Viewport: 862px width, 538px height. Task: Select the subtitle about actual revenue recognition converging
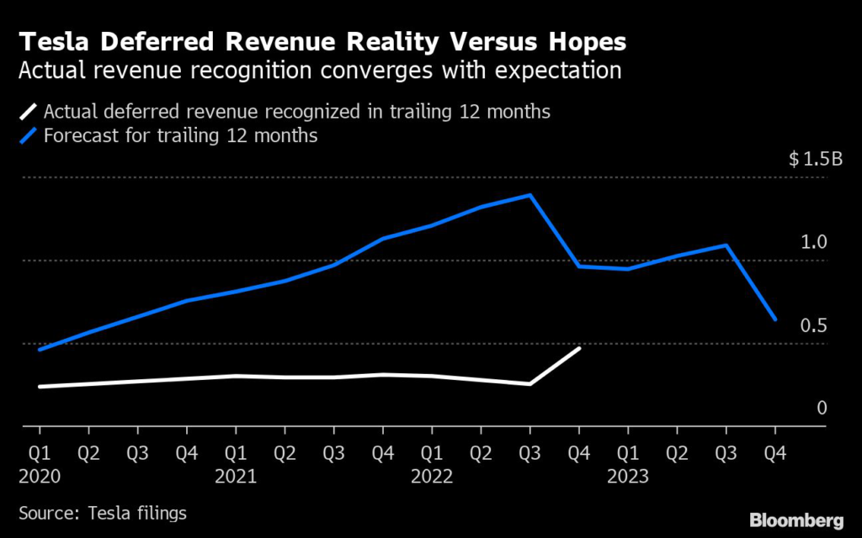point(321,70)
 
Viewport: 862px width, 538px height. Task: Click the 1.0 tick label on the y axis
point(815,242)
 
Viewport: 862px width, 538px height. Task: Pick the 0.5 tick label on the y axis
point(815,325)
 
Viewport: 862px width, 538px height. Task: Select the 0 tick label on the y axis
point(822,408)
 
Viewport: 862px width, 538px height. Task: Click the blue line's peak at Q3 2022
point(529,195)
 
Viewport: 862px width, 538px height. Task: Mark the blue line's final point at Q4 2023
point(774,319)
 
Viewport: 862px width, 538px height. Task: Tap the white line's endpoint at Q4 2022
point(579,347)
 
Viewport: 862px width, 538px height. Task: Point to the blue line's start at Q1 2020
point(40,350)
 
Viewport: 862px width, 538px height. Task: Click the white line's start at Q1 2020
point(40,387)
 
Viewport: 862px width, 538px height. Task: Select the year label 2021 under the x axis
point(236,477)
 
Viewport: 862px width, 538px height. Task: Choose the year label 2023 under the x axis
point(627,477)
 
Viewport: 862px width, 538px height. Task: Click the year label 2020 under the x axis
point(40,477)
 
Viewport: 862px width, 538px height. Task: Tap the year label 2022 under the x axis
point(432,477)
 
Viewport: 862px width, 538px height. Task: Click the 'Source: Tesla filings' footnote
point(102,512)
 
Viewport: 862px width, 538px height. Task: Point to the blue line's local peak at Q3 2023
point(726,245)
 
